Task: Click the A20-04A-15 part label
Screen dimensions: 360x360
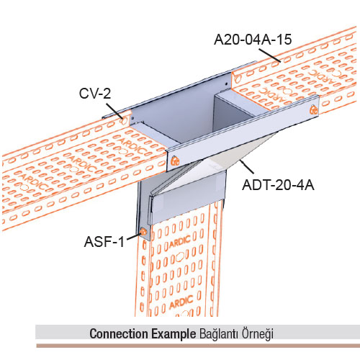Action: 253,40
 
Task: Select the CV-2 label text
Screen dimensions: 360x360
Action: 95,94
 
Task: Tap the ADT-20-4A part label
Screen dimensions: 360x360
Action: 278,185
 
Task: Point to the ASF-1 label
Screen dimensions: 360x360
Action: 104,241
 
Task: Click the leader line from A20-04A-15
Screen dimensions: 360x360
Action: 269,55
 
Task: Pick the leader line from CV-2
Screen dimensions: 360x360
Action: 114,111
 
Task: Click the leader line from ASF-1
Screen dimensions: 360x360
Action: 133,236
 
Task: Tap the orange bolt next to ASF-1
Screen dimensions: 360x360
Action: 143,232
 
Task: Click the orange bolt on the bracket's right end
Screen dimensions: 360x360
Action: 313,109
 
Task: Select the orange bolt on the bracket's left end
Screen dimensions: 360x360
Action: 175,161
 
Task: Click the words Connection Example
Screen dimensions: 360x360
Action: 143,333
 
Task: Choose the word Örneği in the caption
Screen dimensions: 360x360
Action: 258,333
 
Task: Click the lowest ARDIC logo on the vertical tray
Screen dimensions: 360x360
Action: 181,302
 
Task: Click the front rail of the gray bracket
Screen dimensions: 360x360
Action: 243,133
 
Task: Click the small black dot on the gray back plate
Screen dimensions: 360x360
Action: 226,84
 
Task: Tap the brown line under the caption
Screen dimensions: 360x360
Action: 198,346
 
